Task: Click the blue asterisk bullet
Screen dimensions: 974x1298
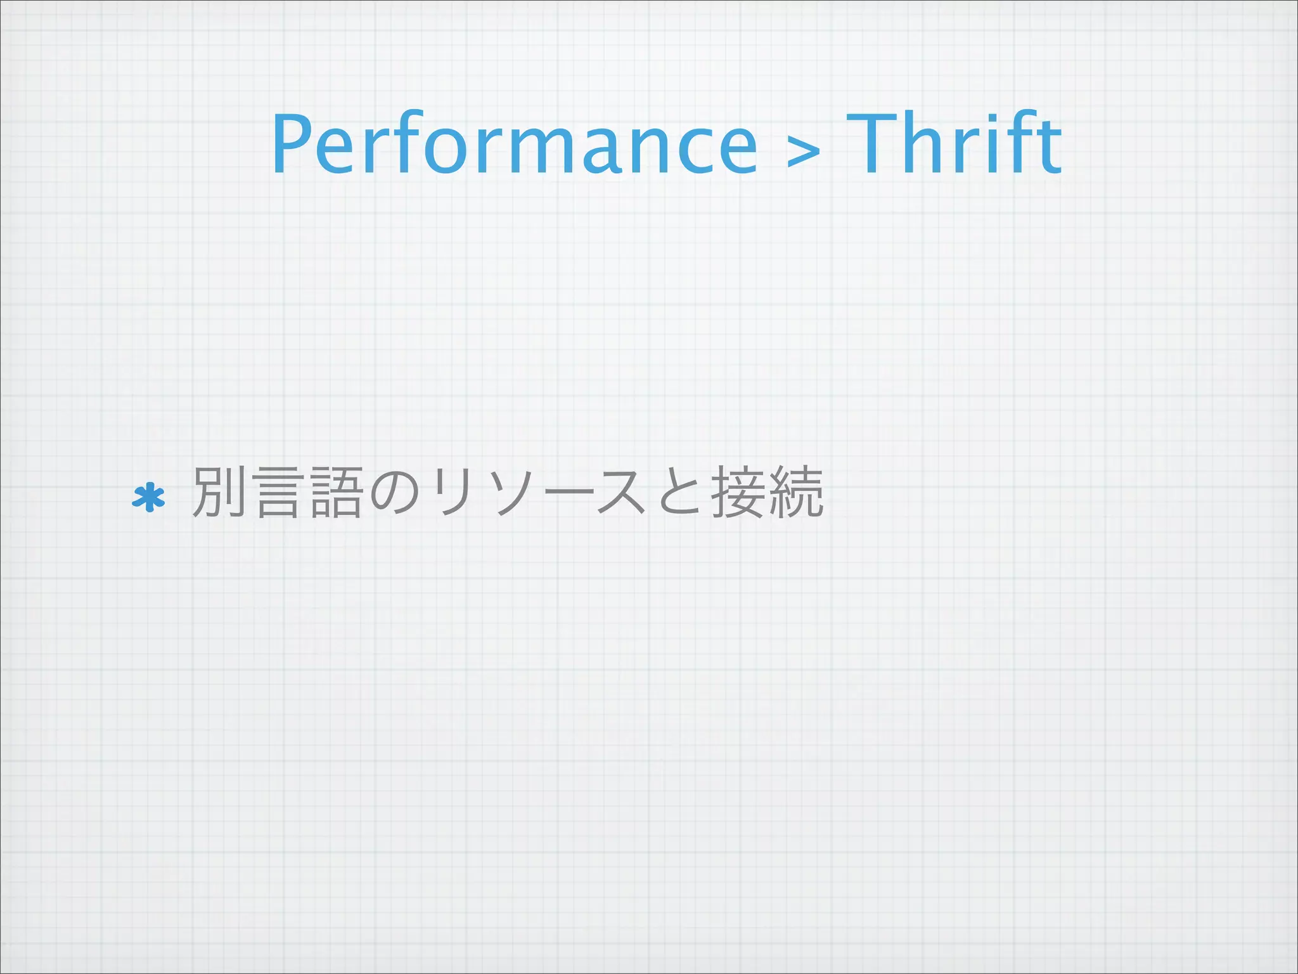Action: point(148,498)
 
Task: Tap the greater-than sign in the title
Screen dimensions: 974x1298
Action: point(802,152)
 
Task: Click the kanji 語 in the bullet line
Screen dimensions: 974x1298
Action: point(336,492)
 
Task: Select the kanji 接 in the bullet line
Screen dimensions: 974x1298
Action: point(737,492)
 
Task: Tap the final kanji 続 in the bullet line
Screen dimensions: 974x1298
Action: point(795,492)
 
